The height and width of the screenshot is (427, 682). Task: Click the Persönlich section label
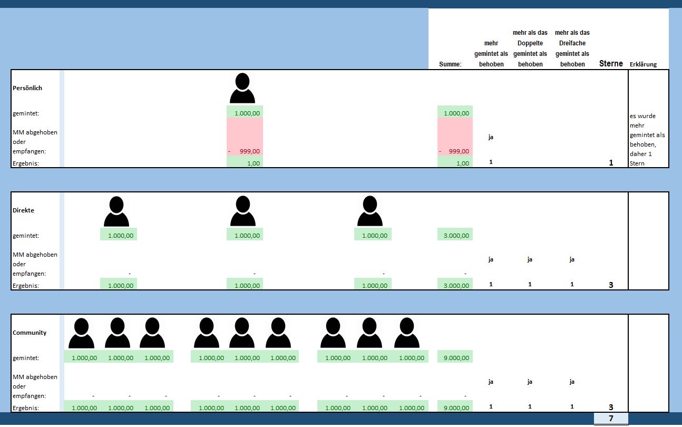point(27,88)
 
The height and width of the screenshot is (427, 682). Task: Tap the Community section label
point(30,333)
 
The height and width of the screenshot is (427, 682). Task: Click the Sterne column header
point(611,64)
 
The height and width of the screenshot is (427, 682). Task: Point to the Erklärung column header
point(643,64)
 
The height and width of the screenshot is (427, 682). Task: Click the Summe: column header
point(450,64)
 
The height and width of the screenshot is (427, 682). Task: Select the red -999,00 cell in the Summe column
point(455,151)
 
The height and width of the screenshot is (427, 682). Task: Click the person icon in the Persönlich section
point(242,89)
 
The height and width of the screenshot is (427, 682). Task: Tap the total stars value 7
point(611,419)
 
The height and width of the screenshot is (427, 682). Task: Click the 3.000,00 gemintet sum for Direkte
point(455,236)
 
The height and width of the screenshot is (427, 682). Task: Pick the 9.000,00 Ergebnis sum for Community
point(455,407)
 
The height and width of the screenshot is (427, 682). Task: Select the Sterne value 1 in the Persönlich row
point(611,163)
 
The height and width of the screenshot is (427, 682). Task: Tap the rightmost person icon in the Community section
point(406,333)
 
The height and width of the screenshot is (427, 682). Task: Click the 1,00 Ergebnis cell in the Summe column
point(455,163)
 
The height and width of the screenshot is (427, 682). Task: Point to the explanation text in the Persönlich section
point(647,140)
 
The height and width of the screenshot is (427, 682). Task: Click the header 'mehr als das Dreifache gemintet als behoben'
point(572,48)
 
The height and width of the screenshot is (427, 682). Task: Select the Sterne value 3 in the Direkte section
point(611,285)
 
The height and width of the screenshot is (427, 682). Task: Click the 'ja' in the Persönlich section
point(491,137)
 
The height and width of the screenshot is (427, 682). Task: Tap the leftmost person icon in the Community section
point(81,333)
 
